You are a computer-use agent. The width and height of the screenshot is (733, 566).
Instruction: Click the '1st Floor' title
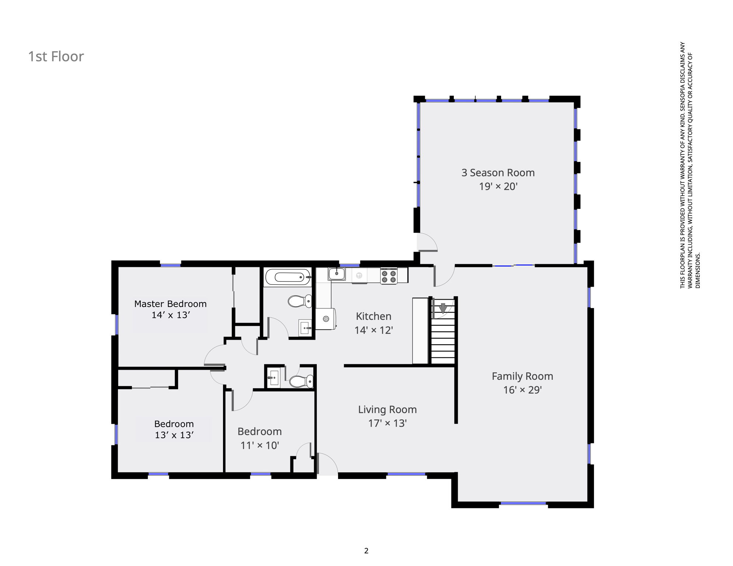56,56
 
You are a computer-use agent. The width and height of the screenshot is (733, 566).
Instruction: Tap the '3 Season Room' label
498,172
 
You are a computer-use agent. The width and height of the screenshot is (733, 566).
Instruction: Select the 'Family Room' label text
522,376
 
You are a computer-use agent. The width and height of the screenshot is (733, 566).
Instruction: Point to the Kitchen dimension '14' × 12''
374,330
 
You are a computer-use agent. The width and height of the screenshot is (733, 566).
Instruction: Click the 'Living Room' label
387,409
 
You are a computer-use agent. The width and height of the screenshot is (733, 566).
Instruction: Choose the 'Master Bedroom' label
170,304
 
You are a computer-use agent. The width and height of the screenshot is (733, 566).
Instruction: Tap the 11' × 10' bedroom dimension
260,446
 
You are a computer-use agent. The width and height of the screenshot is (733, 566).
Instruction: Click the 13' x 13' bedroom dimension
174,435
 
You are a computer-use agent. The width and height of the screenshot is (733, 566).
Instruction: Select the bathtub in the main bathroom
288,277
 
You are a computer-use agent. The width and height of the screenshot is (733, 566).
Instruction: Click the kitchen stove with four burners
389,276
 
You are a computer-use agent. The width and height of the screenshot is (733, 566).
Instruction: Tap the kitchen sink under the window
337,274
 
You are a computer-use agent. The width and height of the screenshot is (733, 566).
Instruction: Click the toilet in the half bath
301,381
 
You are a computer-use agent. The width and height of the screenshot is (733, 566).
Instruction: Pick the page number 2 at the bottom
366,551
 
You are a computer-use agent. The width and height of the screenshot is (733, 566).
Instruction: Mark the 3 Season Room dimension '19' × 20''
498,186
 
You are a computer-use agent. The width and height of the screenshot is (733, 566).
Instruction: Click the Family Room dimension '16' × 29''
522,390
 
